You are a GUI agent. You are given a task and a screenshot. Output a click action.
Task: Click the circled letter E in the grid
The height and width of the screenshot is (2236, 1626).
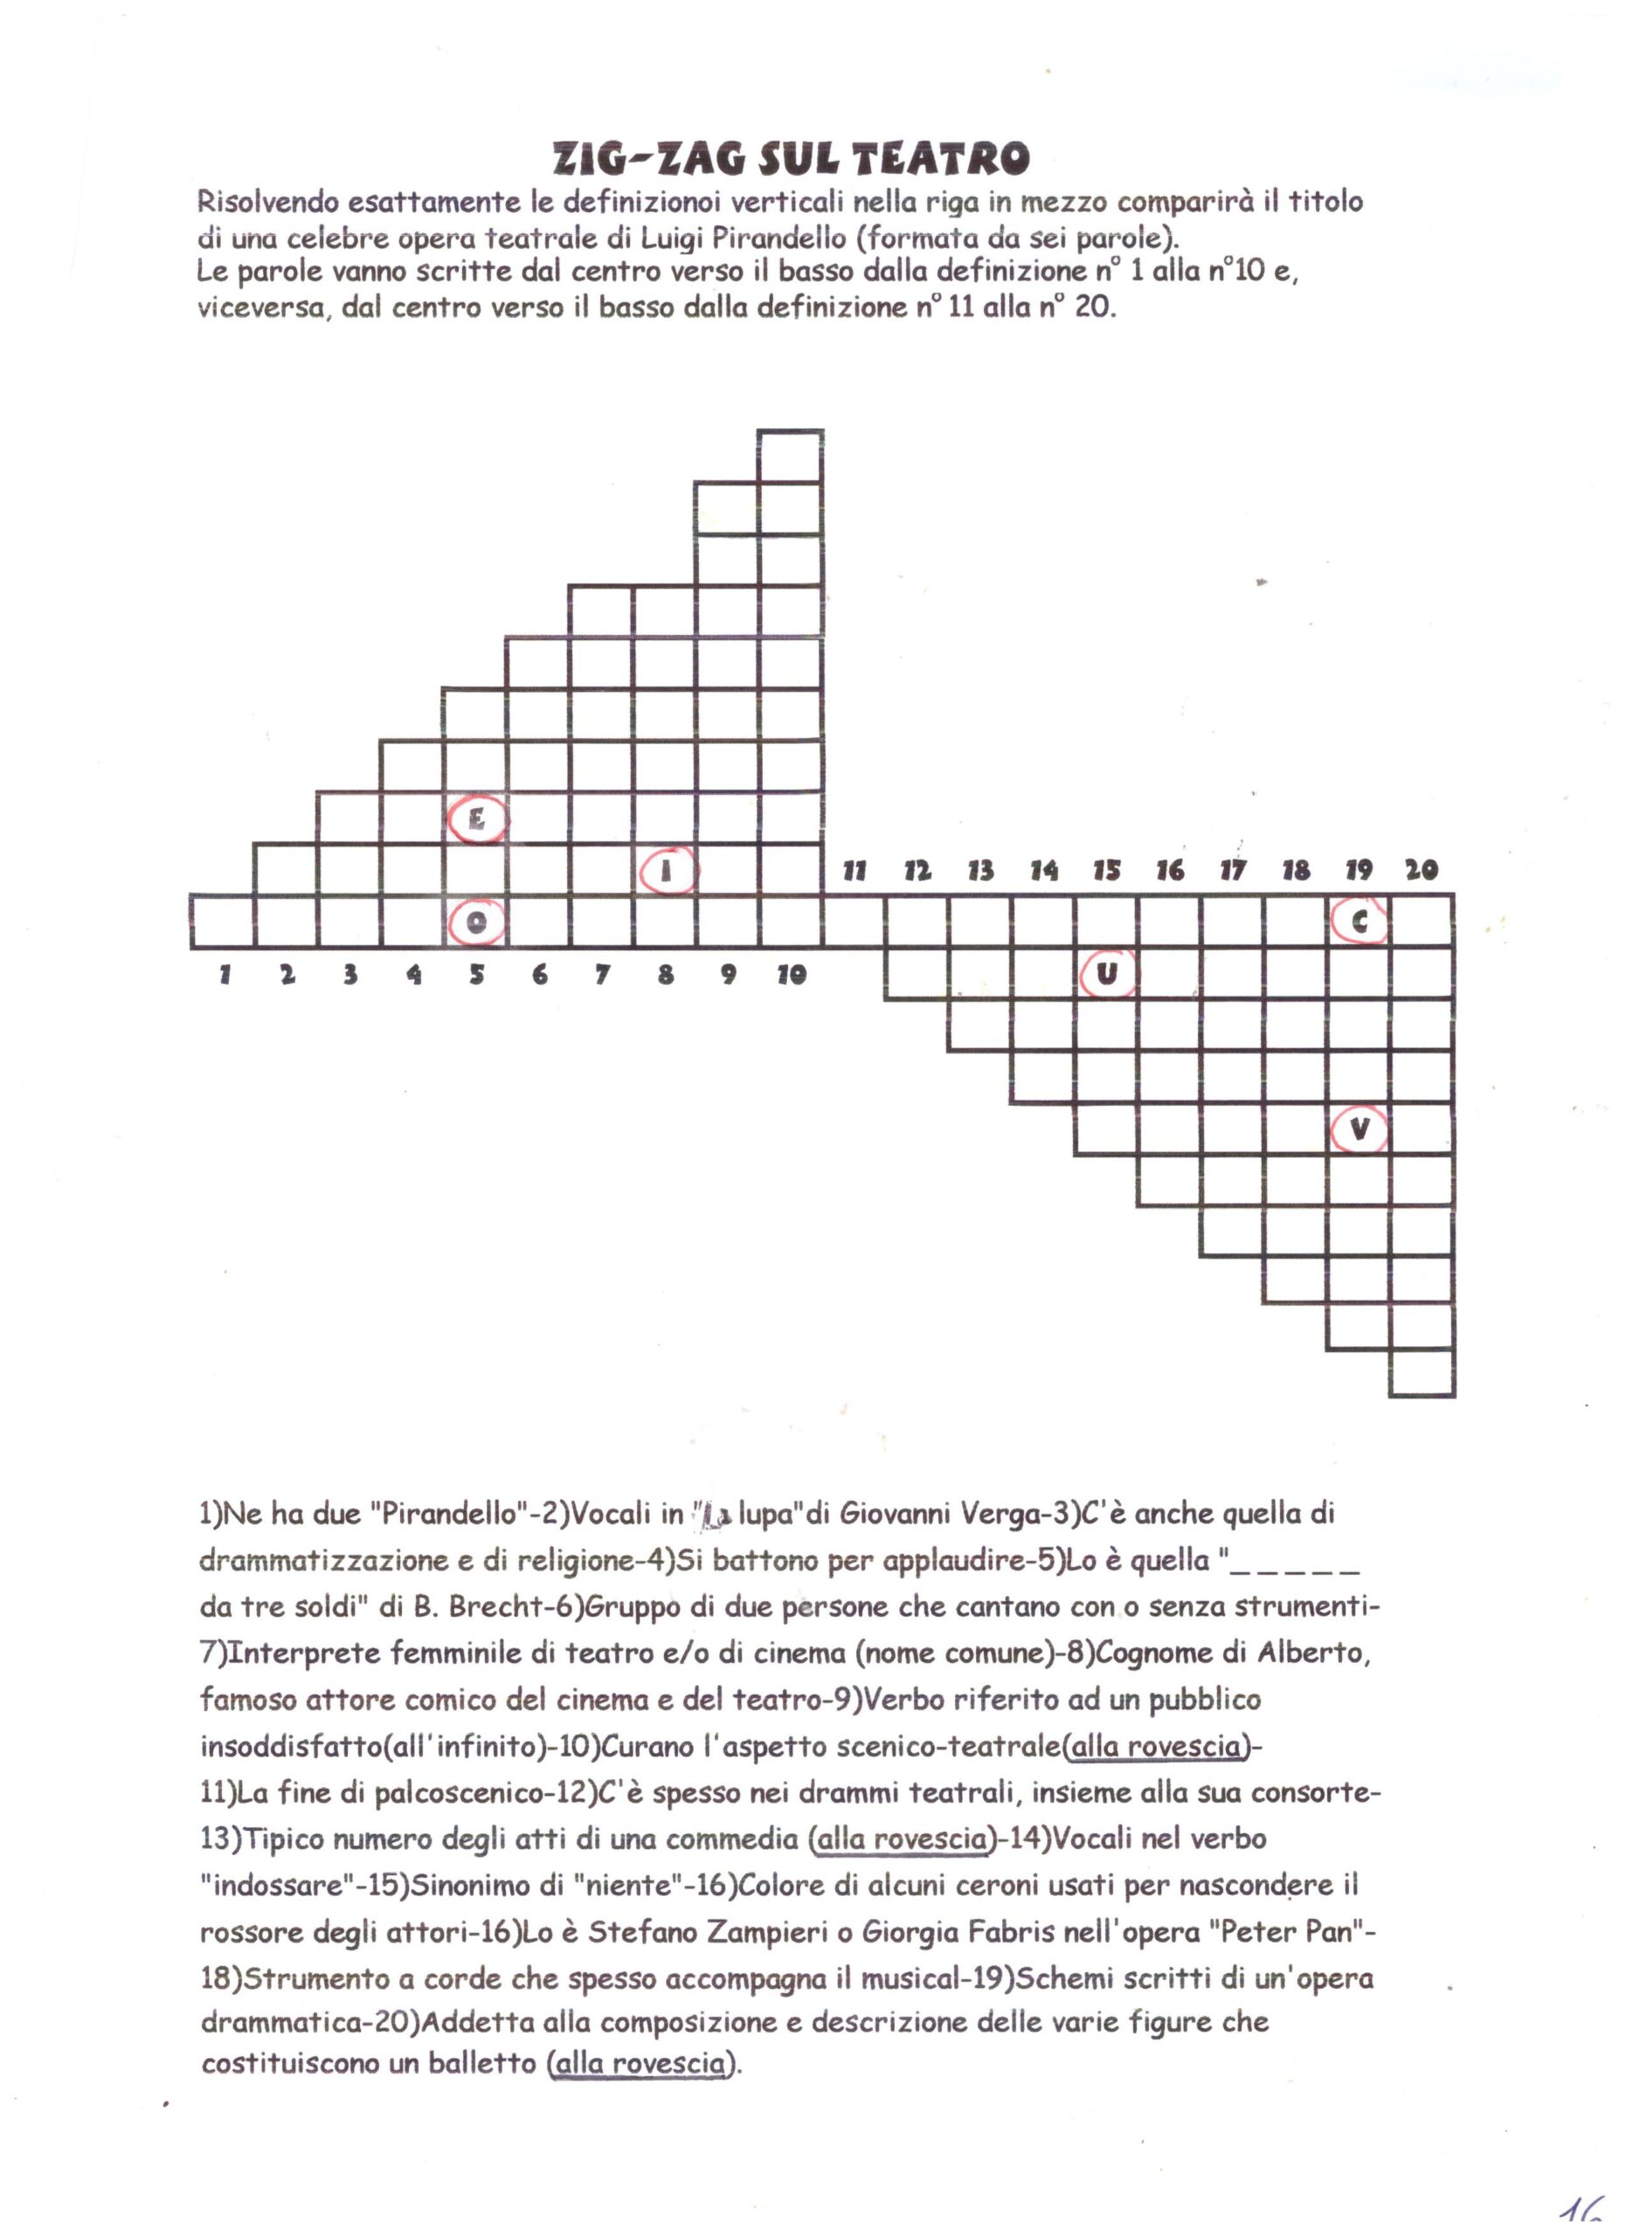pos(477,818)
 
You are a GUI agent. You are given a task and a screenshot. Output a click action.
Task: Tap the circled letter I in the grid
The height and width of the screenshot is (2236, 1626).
pos(668,871)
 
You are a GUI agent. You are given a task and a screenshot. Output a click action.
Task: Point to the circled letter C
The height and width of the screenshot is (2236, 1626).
pos(1360,921)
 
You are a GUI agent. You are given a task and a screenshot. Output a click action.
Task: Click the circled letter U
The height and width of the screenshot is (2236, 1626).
pos(1107,974)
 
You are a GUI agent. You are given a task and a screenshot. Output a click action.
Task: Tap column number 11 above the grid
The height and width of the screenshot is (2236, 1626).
pos(854,871)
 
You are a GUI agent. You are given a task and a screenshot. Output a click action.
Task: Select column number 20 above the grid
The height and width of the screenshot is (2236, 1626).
pos(1422,870)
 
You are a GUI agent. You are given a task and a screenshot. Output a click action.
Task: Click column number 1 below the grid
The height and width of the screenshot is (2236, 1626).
pos(225,975)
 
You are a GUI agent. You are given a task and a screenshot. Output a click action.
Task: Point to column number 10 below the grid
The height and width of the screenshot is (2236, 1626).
pos(791,975)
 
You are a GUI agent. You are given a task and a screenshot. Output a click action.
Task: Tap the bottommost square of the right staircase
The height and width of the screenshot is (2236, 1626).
pos(1422,1373)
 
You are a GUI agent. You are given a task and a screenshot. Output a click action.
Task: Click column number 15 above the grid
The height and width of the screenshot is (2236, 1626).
pos(1106,871)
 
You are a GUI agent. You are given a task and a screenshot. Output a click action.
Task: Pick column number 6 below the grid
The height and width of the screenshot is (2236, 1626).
pos(539,975)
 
